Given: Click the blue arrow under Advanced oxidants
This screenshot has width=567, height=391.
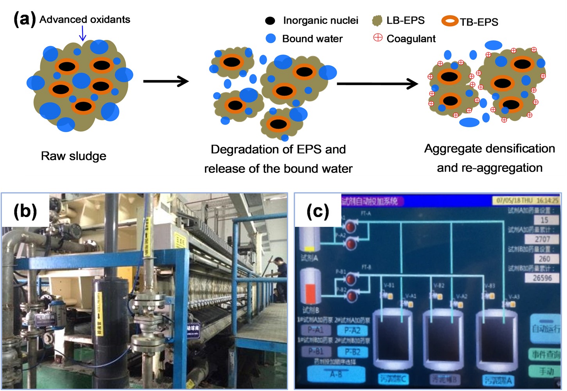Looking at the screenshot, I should tap(83, 33).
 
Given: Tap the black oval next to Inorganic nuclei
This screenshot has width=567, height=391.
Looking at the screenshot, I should tap(270, 21).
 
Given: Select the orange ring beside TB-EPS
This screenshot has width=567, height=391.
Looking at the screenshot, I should tap(450, 21).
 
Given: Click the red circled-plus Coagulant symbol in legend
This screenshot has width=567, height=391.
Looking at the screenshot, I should tap(378, 38).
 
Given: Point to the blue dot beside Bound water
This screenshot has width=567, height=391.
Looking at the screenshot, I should tap(271, 38).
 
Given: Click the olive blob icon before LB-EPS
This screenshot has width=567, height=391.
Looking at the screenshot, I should tap(377, 21).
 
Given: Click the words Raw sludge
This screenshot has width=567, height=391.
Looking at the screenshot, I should tap(74, 156).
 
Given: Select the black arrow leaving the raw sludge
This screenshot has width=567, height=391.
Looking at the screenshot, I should tap(166, 81).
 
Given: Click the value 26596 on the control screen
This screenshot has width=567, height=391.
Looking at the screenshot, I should tap(542, 278).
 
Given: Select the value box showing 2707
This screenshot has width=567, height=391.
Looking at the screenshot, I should tap(542, 239).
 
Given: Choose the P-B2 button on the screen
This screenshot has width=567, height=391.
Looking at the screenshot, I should tap(353, 352).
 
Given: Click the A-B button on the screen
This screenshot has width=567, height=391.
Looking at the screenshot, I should tap(336, 374).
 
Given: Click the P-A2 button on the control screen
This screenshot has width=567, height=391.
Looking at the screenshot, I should tap(353, 330).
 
